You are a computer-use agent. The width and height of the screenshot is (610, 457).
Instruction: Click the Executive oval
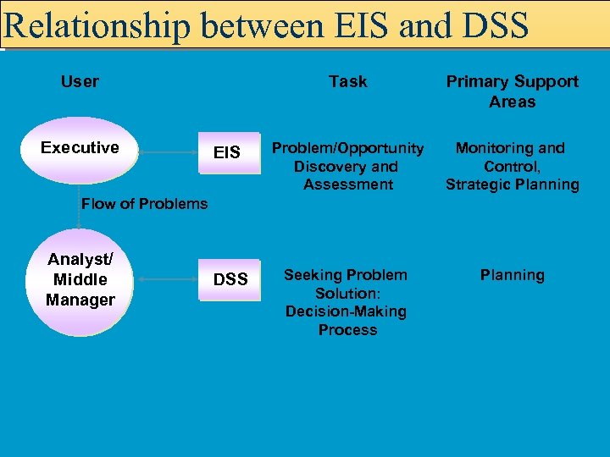click(x=80, y=150)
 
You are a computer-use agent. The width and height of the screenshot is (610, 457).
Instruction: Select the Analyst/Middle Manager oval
click(x=80, y=279)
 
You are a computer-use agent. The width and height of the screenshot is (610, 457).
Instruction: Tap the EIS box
click(x=227, y=153)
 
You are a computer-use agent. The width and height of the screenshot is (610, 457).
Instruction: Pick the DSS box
click(x=230, y=279)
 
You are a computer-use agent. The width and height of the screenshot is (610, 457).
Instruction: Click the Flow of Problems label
click(x=144, y=203)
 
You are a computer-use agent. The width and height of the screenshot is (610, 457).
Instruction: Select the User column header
click(x=80, y=81)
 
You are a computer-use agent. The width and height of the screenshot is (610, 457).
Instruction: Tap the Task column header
click(x=347, y=81)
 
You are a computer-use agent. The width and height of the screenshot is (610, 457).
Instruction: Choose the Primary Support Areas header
click(x=512, y=91)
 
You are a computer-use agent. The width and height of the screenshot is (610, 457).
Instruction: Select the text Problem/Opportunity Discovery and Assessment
click(x=347, y=166)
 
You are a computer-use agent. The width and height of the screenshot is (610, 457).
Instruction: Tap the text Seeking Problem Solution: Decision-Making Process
click(x=346, y=302)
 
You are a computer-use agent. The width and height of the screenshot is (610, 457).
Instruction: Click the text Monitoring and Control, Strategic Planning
click(x=512, y=166)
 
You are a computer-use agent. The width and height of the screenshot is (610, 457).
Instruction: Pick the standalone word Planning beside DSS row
click(x=512, y=275)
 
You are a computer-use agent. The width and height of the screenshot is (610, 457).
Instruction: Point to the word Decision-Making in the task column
click(x=346, y=311)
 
